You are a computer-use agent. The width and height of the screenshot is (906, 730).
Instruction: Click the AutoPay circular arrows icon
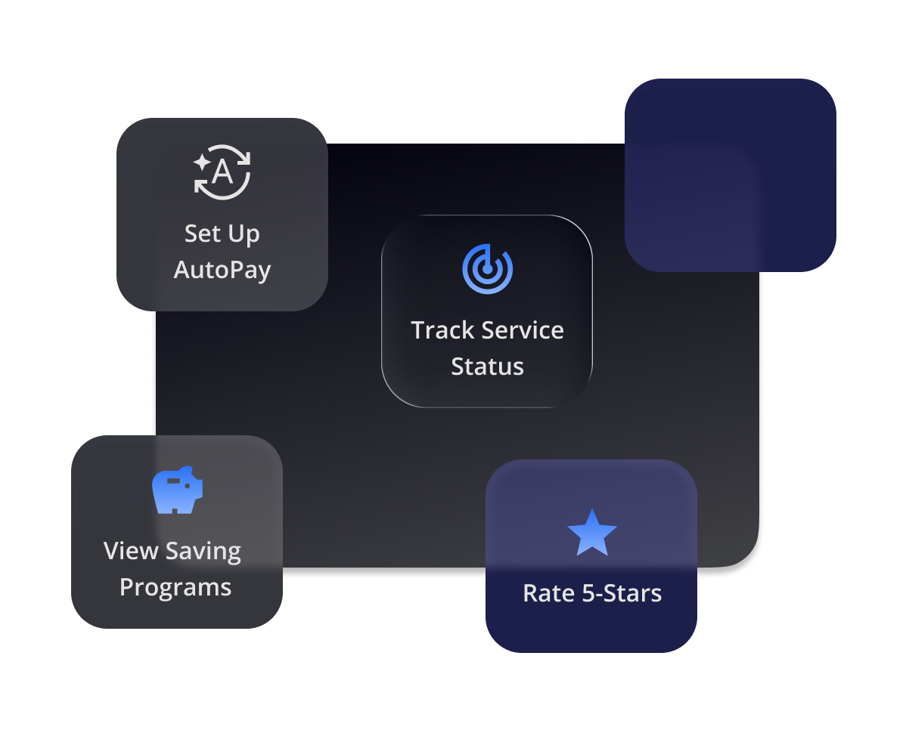[x=222, y=172]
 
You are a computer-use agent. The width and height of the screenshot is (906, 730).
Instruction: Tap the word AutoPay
[x=222, y=270]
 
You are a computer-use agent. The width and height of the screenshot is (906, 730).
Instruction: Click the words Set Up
[x=222, y=234]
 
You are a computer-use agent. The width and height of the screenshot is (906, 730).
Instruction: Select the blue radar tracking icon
[x=487, y=268]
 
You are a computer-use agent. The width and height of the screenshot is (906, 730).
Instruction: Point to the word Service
[x=523, y=330]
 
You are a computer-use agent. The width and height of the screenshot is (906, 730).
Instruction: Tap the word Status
[x=487, y=367]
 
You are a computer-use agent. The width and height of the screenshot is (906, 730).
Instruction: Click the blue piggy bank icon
[x=177, y=490]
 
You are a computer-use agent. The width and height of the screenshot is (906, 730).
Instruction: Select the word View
[x=131, y=551]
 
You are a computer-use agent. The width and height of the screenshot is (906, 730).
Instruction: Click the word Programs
[x=175, y=587]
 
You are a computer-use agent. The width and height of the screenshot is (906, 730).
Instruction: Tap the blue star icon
[x=591, y=533]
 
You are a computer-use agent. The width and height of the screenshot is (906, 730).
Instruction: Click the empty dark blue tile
[x=730, y=175]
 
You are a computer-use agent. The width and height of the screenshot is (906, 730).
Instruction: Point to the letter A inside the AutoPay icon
[x=222, y=172]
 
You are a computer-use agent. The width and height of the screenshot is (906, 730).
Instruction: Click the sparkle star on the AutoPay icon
[x=201, y=161]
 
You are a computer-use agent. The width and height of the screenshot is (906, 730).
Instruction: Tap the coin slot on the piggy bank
[x=174, y=480]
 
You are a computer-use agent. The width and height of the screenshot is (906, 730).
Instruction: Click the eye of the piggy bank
[x=188, y=486]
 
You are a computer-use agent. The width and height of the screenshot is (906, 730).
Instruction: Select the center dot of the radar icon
[x=488, y=268]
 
